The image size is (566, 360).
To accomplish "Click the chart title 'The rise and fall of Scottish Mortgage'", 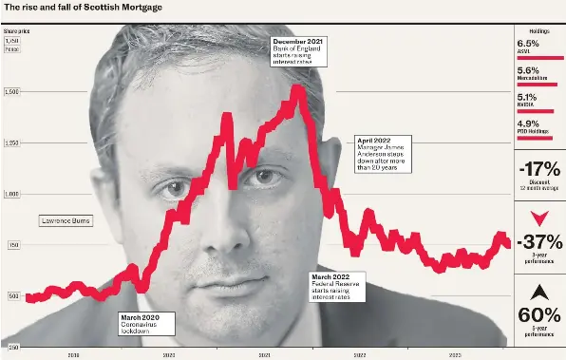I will (83, 9).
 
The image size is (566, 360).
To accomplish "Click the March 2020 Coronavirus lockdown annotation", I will (149, 325).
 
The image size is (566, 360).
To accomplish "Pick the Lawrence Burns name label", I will (65, 220).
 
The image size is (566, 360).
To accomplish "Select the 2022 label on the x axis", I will (359, 353).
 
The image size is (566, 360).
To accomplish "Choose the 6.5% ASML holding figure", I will (529, 44).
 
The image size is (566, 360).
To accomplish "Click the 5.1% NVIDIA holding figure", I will (529, 96).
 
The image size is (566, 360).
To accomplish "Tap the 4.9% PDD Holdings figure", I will (529, 123).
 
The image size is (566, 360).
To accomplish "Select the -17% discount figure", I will (538, 170).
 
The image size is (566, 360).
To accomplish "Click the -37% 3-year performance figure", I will (538, 240).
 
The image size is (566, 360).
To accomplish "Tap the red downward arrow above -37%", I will (538, 218).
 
